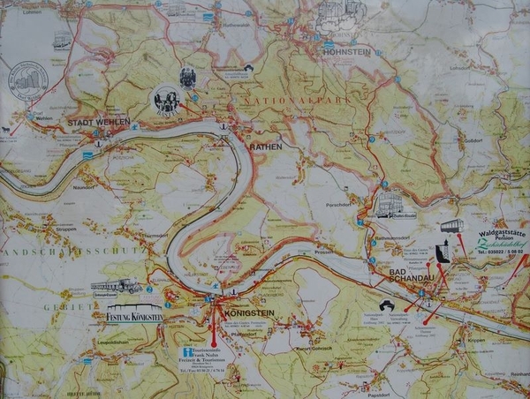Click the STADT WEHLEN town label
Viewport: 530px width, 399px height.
(x=100, y=122)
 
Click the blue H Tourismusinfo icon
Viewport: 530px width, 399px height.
(x=188, y=351)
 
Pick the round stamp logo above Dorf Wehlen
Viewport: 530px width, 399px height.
(x=28, y=79)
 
